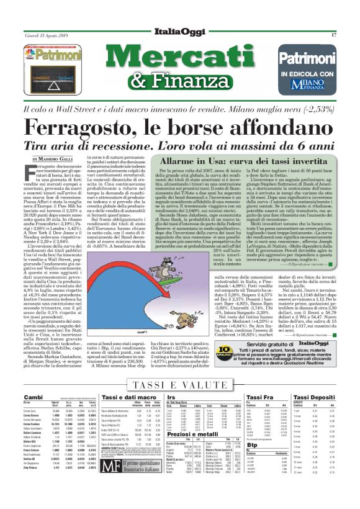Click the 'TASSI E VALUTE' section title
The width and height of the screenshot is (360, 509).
click(180, 368)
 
